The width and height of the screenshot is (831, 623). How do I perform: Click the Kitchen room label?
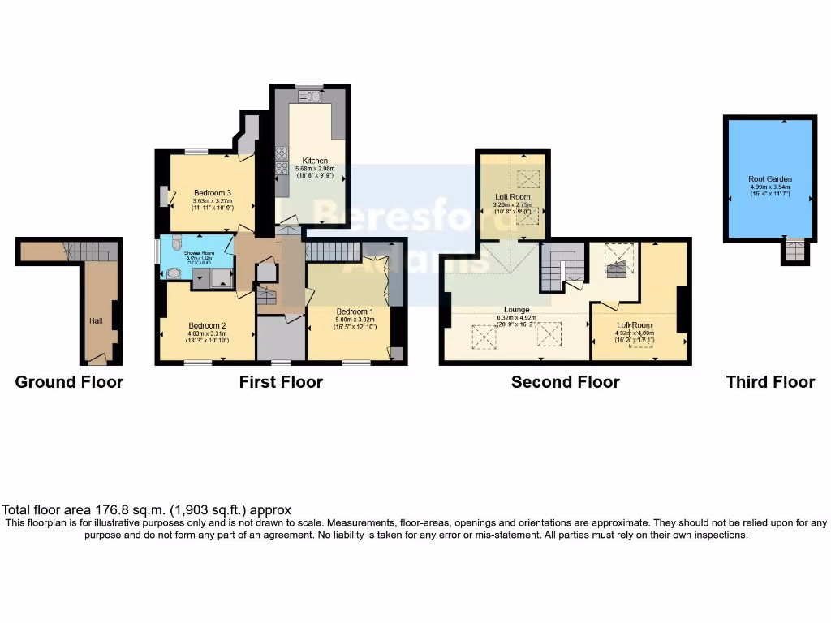pyautogui.click(x=314, y=161)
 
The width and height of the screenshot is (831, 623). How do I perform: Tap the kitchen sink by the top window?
pyautogui.click(x=310, y=97)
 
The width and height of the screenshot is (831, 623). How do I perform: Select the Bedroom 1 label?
pyautogui.click(x=355, y=311)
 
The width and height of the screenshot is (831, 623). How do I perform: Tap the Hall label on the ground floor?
pyautogui.click(x=96, y=321)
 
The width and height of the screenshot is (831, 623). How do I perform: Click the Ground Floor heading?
pyautogui.click(x=69, y=382)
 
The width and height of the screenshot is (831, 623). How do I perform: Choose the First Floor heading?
pyautogui.click(x=281, y=382)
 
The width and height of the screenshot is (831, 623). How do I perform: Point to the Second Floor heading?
pyautogui.click(x=565, y=382)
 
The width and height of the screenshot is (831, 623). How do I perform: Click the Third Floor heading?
pyautogui.click(x=770, y=382)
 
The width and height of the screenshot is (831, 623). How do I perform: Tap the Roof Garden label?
pyautogui.click(x=770, y=179)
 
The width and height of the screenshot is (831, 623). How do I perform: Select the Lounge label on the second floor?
pyautogui.click(x=516, y=310)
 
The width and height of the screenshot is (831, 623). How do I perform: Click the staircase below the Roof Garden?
pyautogui.click(x=794, y=251)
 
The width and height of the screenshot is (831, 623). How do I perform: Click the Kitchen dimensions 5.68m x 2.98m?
pyautogui.click(x=314, y=169)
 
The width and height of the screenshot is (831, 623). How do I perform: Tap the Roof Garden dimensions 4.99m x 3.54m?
pyautogui.click(x=770, y=187)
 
